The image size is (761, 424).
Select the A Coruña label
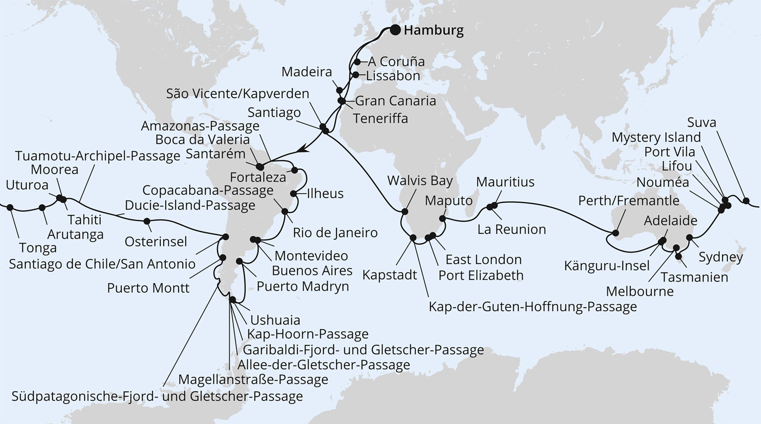coord(396,62)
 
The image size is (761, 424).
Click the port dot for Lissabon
coord(355,75)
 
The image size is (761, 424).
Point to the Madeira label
coord(306,72)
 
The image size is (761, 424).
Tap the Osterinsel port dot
coord(147,221)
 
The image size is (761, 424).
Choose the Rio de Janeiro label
coord(335,233)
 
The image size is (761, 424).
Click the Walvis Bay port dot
coord(405,211)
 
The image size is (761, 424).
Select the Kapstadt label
coord(390,275)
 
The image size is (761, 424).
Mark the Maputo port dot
coord(442,218)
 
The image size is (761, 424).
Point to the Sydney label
coord(721,257)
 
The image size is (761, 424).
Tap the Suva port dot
coord(746,201)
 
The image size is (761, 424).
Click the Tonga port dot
coord(10,208)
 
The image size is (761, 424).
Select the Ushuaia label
coord(275,320)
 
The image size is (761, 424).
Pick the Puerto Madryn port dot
coord(240,261)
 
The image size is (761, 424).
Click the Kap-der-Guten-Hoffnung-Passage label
coord(533,306)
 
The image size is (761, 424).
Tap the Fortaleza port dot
coord(295,170)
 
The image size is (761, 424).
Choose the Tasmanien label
coord(694,277)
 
